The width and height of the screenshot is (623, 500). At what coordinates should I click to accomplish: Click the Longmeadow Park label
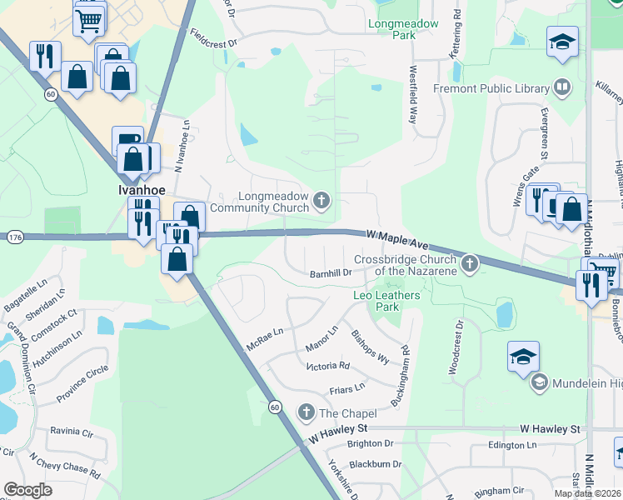click(403, 30)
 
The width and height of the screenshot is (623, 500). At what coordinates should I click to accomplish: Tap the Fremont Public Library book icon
click(562, 87)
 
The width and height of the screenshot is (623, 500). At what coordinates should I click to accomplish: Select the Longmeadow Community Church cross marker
click(322, 201)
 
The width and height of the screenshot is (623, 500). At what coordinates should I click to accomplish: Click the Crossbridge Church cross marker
click(470, 265)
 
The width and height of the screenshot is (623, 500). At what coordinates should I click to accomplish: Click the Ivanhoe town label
click(133, 189)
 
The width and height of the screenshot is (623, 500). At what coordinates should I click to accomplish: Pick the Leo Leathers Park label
click(387, 301)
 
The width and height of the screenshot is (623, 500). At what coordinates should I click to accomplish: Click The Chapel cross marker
click(306, 412)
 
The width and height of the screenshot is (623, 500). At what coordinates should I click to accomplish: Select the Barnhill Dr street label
click(331, 272)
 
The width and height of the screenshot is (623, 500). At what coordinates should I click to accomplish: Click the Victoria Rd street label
click(327, 366)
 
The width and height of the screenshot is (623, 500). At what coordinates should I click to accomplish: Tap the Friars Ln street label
click(347, 387)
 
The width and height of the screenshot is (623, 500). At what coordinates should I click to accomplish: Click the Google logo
click(27, 490)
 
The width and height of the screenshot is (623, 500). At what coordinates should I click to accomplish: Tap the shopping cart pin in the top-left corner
click(89, 17)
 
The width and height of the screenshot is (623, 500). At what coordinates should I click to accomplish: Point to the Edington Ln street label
click(511, 445)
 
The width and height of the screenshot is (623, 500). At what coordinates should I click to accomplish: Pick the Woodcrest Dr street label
click(458, 347)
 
